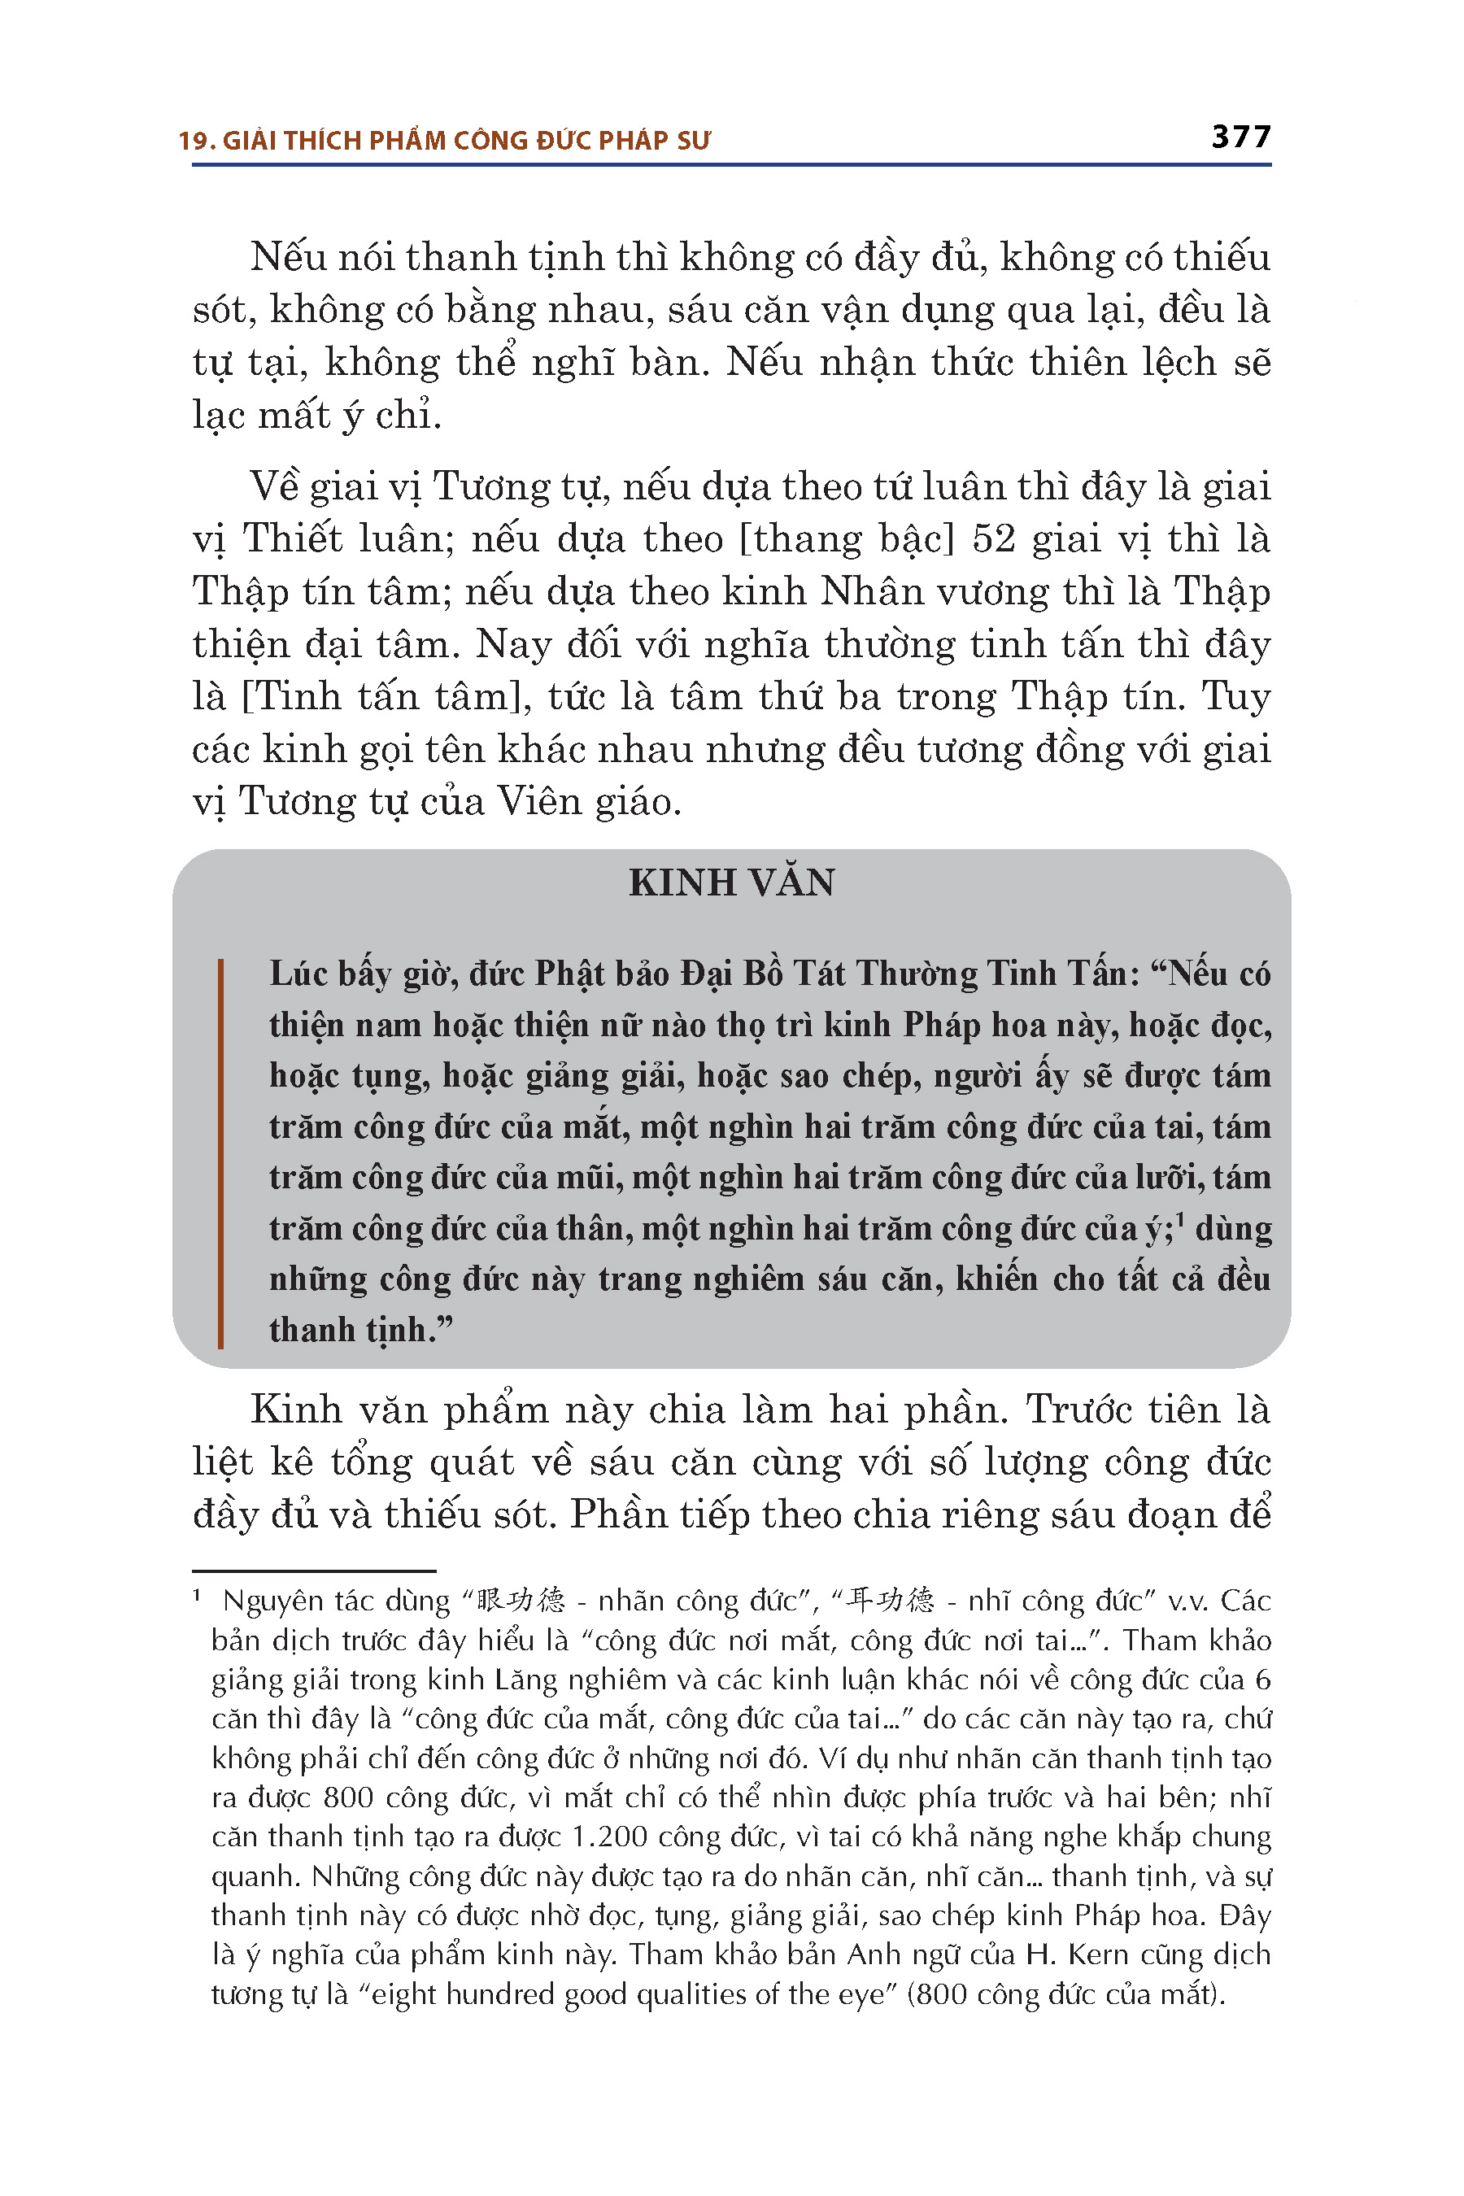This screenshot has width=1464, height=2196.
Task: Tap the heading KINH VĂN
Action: pyautogui.click(x=731, y=883)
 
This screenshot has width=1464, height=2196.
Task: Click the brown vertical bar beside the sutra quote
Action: pyautogui.click(x=220, y=1154)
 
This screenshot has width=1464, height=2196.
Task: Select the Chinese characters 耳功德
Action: pyautogui.click(x=888, y=1601)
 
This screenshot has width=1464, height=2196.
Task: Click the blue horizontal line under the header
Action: pyautogui.click(x=731, y=165)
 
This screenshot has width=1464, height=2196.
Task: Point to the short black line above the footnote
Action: pyautogui.click(x=314, y=1571)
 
